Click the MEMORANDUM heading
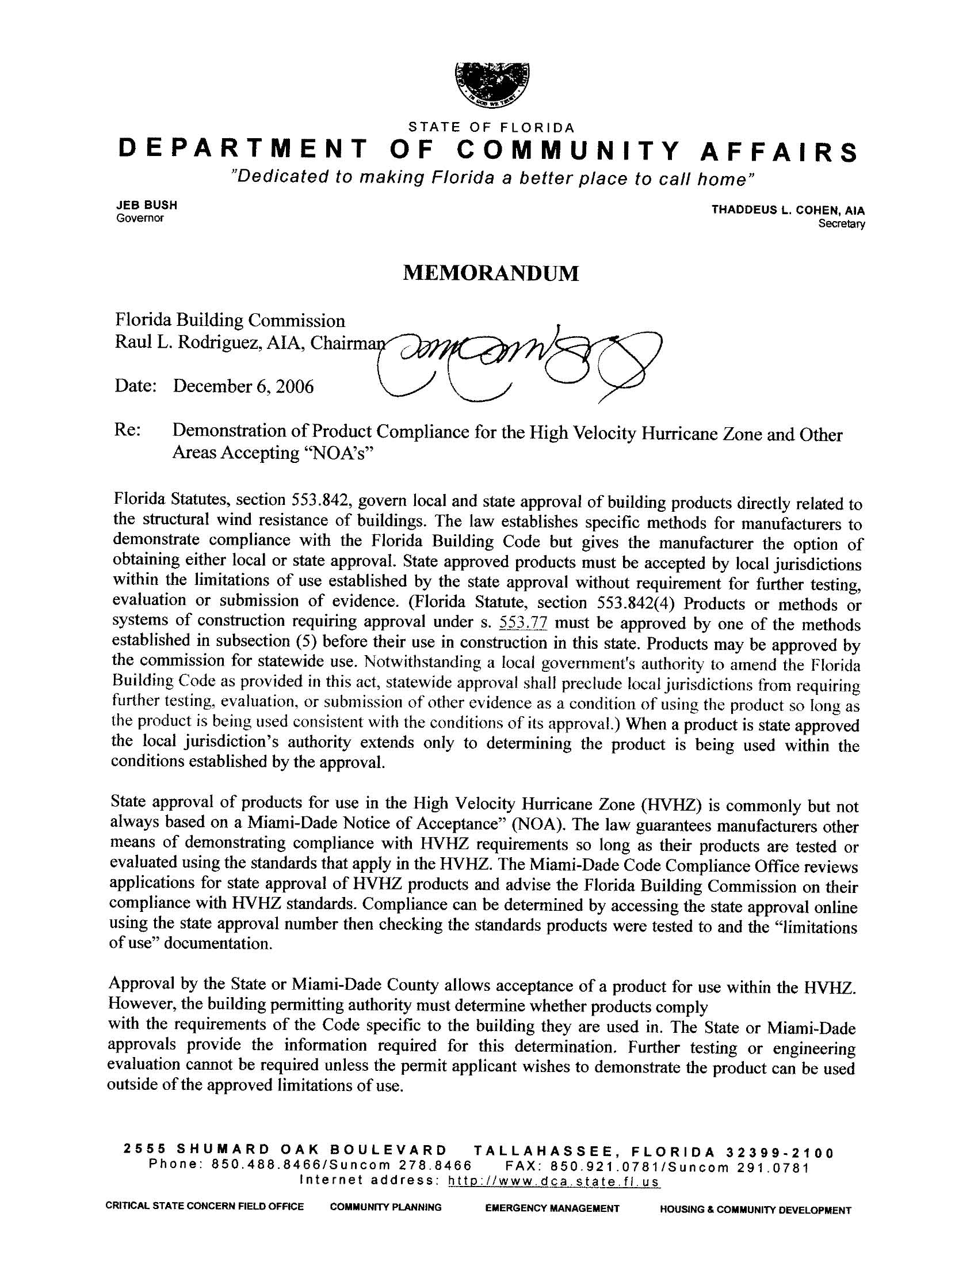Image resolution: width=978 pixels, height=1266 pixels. point(490,273)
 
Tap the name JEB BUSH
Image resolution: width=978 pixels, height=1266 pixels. point(147,204)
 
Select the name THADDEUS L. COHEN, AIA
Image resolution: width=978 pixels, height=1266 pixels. point(788,210)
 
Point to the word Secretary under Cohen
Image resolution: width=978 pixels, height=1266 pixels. point(841,224)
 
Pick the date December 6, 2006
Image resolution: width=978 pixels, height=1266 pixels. point(243,386)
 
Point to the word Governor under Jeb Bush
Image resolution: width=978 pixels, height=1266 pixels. point(140,218)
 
